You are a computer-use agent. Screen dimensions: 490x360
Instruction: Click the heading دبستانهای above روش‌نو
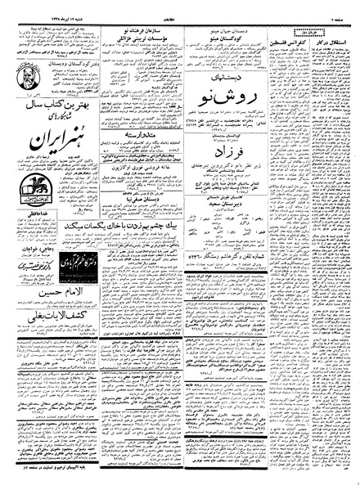(x=237, y=76)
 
